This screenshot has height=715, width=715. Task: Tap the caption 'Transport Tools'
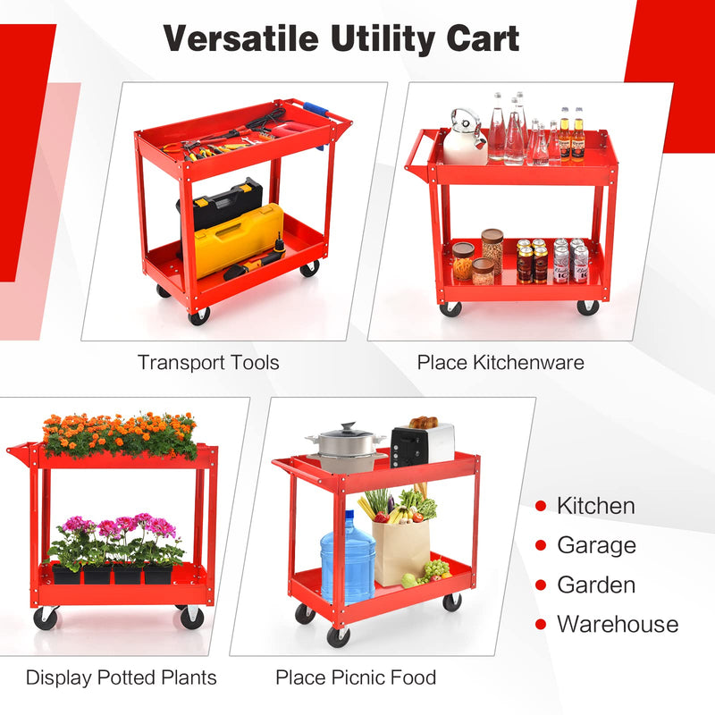point(208,362)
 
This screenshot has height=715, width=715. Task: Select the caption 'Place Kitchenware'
point(500,362)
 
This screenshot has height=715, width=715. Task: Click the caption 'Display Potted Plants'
point(122,677)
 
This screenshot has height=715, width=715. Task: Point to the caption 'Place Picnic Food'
point(356,677)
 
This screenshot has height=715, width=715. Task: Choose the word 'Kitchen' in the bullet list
point(596,506)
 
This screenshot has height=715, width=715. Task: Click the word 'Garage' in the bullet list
point(596,545)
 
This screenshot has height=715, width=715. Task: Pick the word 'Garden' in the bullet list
point(596,585)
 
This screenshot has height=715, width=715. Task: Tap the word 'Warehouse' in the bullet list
point(618,624)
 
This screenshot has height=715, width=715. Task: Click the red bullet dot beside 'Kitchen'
point(540,507)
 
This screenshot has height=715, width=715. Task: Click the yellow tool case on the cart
point(239,239)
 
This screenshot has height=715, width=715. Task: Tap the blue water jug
point(348,555)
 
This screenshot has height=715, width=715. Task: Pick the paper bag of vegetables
point(401,547)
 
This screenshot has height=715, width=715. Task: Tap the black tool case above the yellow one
point(227,203)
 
